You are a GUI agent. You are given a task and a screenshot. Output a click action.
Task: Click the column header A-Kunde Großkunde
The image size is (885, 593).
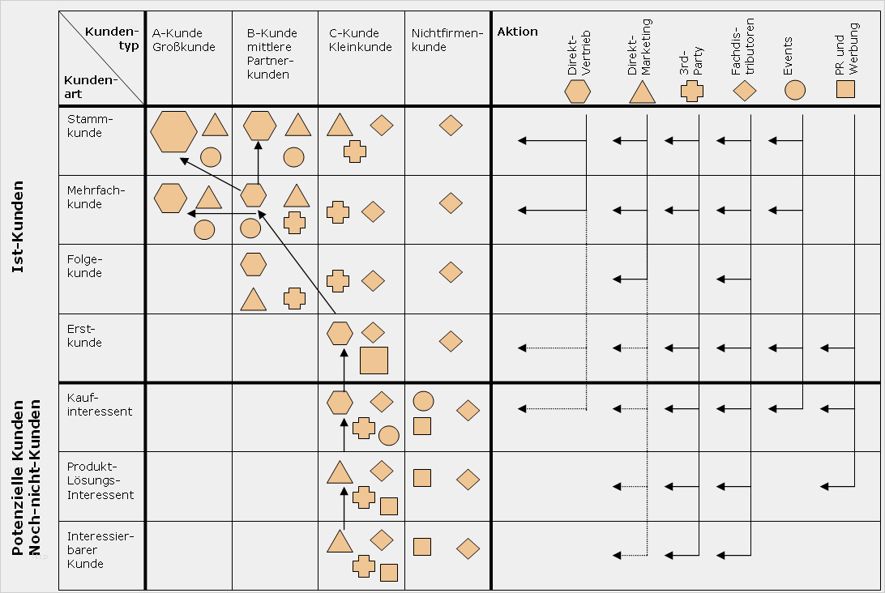click(183, 40)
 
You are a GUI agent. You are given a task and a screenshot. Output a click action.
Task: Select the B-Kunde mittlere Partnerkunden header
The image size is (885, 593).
click(271, 53)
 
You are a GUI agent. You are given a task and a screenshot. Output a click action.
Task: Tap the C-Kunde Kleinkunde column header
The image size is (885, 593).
click(354, 40)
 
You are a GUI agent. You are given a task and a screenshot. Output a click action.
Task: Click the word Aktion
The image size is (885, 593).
click(517, 32)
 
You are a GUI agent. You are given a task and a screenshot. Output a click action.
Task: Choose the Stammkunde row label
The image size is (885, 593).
click(85, 126)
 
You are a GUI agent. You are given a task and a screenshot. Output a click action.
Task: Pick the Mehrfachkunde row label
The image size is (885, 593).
click(96, 197)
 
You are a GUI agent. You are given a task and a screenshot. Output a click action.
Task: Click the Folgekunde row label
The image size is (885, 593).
click(86, 266)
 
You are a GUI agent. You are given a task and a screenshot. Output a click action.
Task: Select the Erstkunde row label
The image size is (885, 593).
click(85, 335)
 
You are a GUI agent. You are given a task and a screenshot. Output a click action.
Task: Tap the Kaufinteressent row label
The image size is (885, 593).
click(100, 404)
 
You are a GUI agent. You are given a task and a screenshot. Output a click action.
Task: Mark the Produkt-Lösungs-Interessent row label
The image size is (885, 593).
click(100, 480)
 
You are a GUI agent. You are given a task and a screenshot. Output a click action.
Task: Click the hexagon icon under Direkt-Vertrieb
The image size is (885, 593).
click(578, 92)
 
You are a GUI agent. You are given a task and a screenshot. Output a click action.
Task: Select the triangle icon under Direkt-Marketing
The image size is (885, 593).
click(642, 92)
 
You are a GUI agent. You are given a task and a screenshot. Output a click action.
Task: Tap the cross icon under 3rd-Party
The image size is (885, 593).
click(691, 92)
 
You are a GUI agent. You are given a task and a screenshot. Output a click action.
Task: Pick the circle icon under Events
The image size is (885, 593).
click(795, 89)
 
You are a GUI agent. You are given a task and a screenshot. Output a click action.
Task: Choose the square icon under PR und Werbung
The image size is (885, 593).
click(845, 89)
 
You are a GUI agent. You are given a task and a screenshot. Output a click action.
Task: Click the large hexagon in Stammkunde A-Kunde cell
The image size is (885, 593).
click(173, 131)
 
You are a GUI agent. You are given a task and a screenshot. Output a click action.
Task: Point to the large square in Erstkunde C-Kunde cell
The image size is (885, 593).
click(374, 360)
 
